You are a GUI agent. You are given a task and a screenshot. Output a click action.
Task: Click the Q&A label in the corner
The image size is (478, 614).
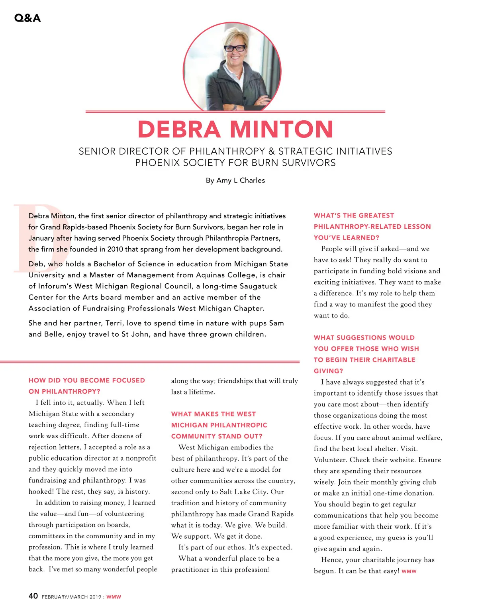coord(27,18)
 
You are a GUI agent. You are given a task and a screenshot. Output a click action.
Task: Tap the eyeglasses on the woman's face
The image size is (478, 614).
coord(235,48)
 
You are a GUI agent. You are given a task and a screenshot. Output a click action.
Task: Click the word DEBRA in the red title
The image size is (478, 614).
coord(179,129)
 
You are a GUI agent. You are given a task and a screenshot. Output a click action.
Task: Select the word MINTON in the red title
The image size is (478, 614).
coord(281,129)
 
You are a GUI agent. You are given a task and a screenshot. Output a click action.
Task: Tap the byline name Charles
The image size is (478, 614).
coord(252,180)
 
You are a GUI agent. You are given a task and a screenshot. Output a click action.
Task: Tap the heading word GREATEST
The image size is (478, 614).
coord(376,216)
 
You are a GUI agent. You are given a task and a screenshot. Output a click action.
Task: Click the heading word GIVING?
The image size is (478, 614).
coord(328,371)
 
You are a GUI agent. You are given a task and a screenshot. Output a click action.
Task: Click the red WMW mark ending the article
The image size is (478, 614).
coord(409,571)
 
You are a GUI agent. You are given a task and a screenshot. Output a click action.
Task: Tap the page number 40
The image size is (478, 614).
coord(33,596)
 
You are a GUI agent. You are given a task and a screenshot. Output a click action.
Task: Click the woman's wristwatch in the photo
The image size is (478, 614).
coord(235,108)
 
